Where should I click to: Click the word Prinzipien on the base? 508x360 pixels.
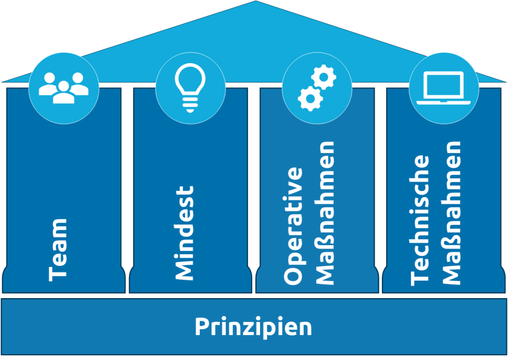coord(253,327)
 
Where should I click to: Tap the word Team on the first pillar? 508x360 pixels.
coord(58,249)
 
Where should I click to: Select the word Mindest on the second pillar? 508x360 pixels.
coord(184,232)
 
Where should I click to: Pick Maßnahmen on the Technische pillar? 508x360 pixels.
coord(451,212)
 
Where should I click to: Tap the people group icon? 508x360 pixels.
coord(64,87)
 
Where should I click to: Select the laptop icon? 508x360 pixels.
coord(444,87)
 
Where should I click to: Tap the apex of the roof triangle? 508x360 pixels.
coord(255,2)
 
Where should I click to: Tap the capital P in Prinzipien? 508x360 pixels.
coord(201,327)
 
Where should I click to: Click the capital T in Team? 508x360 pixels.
coord(58,273)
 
